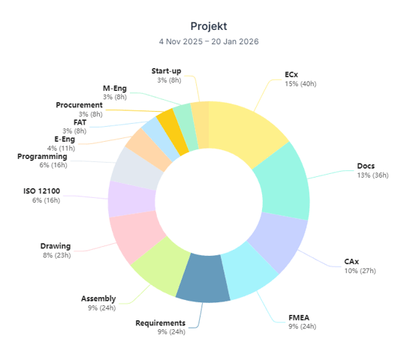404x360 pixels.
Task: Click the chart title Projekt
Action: pyautogui.click(x=208, y=25)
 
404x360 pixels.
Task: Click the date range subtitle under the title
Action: pyautogui.click(x=208, y=41)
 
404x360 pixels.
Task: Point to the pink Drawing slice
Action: pyautogui.click(x=134, y=235)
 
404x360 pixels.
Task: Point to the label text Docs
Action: pyautogui.click(x=366, y=166)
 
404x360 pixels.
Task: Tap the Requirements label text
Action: pyautogui.click(x=160, y=322)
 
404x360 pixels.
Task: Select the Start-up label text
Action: pyautogui.click(x=166, y=70)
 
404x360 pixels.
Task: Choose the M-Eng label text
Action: pyautogui.click(x=115, y=88)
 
